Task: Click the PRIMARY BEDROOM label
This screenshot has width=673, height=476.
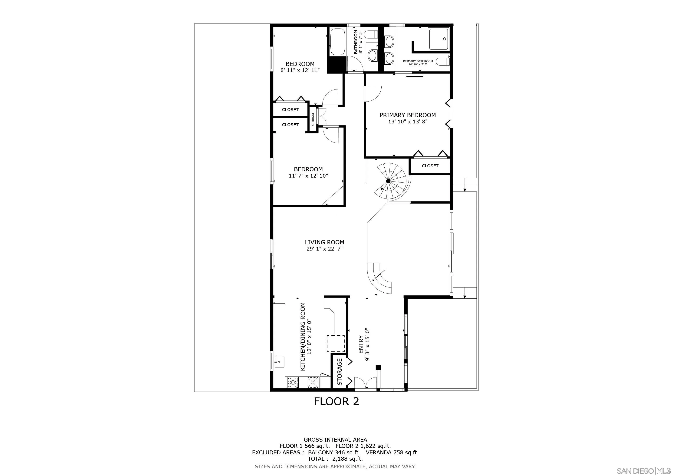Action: pos(407,115)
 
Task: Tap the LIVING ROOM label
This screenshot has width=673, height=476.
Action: pos(324,242)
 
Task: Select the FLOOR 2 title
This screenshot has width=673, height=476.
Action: pos(336,401)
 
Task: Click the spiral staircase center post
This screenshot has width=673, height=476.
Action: pos(388,181)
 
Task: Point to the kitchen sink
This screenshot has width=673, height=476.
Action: pos(74,361)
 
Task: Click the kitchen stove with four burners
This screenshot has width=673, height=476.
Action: pos(88,382)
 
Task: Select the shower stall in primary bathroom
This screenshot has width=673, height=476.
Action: pos(438,39)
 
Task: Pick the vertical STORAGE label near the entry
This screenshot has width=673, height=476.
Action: pos(340,372)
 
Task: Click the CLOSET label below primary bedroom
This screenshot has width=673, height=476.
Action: pos(430,166)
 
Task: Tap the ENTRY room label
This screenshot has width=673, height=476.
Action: pos(361,345)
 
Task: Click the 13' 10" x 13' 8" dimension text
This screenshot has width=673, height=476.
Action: pos(407,122)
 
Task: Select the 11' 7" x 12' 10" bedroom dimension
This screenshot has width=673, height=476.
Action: pos(308,176)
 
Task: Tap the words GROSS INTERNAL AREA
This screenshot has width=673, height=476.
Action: pos(335,440)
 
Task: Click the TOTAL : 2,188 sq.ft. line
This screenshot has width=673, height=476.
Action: pos(335,459)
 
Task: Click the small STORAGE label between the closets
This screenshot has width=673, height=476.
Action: pos(313,119)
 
